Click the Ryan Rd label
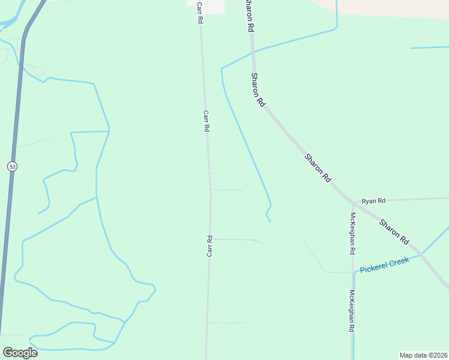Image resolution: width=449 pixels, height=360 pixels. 373,200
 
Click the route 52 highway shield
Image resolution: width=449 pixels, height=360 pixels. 12,166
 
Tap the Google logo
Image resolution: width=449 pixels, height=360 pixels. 20,352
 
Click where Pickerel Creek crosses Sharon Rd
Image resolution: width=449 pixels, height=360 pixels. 421,253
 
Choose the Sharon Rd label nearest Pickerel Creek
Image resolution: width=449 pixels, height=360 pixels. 393,230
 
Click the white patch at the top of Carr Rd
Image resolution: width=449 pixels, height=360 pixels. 213,5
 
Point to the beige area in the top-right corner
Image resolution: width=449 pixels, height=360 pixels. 390,7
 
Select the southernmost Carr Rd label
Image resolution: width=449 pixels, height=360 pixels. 209,246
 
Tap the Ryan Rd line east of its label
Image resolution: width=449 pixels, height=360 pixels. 420,198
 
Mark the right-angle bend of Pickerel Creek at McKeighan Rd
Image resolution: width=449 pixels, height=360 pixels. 354,272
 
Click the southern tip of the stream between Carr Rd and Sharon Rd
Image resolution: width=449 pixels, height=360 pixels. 270,221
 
